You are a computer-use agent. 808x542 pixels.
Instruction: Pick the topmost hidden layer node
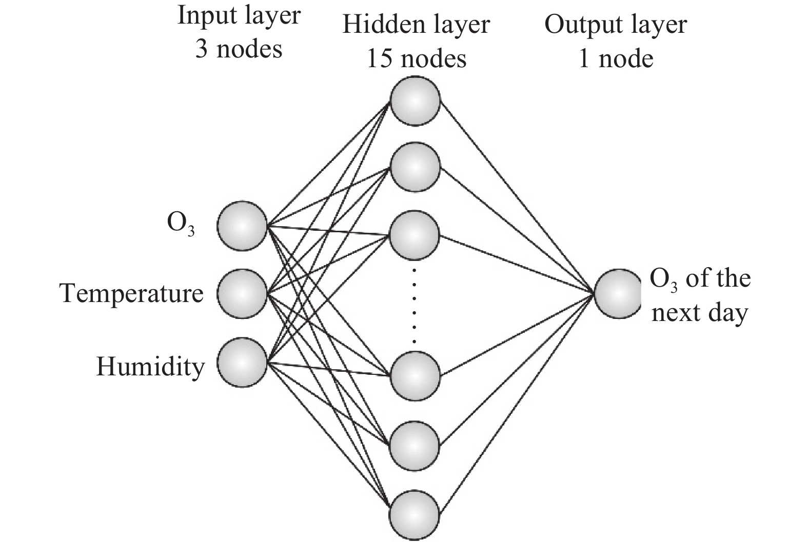point(415,101)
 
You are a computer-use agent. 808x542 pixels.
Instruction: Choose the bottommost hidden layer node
point(415,514)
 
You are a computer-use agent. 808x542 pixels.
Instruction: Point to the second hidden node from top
point(415,168)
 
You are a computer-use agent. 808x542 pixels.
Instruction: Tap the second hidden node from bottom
point(415,445)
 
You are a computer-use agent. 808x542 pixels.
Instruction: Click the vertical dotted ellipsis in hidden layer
point(415,306)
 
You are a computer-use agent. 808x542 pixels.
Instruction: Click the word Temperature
point(131,294)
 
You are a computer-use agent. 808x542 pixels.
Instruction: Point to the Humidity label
point(150,367)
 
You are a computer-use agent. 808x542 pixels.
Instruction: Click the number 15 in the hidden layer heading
point(379,58)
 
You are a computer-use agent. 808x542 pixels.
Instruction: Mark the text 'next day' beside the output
point(699,312)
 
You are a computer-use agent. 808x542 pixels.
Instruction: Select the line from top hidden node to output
point(516,196)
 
